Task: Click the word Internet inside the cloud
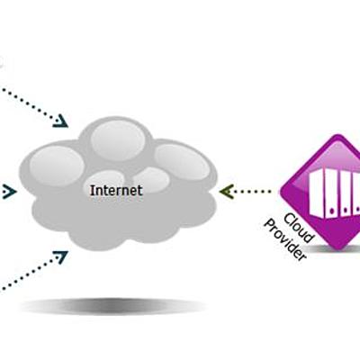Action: point(116,191)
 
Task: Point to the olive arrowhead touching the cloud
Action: point(225,191)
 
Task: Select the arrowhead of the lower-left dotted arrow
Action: point(61,256)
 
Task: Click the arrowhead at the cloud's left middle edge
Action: point(11,191)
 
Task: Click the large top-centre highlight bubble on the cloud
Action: point(115,138)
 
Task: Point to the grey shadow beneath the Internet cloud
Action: point(112,306)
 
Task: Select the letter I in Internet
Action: point(92,191)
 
